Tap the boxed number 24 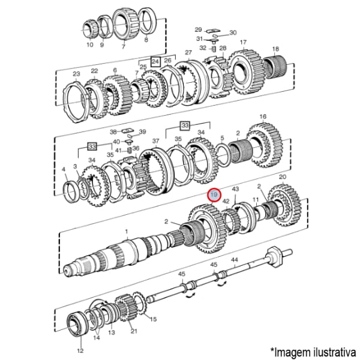[x=155, y=62]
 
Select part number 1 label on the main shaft [x=127, y=232]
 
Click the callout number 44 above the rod [x=235, y=260]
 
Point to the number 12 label [x=80, y=350]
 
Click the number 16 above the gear [x=263, y=116]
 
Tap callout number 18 [x=275, y=49]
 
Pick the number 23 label [x=76, y=74]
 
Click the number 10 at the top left [x=90, y=44]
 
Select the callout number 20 [x=283, y=177]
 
